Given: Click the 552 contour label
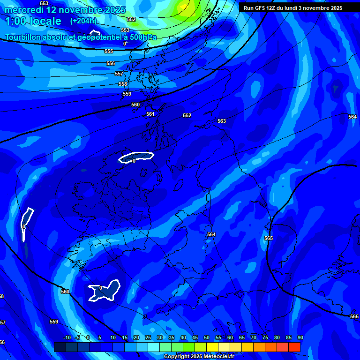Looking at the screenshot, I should (131, 19).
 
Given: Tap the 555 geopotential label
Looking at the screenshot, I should (109, 51).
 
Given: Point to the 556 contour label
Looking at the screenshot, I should (111, 63).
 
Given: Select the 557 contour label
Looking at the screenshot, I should (119, 74).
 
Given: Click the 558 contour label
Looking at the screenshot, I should (123, 84).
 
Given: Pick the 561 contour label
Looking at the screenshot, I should (150, 114).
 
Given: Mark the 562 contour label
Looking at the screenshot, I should (187, 115).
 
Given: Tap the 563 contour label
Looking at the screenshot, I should (222, 121).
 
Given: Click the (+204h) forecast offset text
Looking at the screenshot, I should (83, 21).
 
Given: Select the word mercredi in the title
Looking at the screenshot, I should (24, 10).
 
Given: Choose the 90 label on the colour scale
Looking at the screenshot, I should (300, 337).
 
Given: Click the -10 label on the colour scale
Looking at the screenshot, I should (67, 337).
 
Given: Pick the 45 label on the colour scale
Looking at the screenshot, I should (195, 337).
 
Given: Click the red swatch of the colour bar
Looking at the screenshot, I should (294, 347).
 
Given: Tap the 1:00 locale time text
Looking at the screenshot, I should (33, 22).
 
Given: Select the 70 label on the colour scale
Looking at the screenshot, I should (253, 337).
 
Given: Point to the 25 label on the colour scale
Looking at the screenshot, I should (148, 337).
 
